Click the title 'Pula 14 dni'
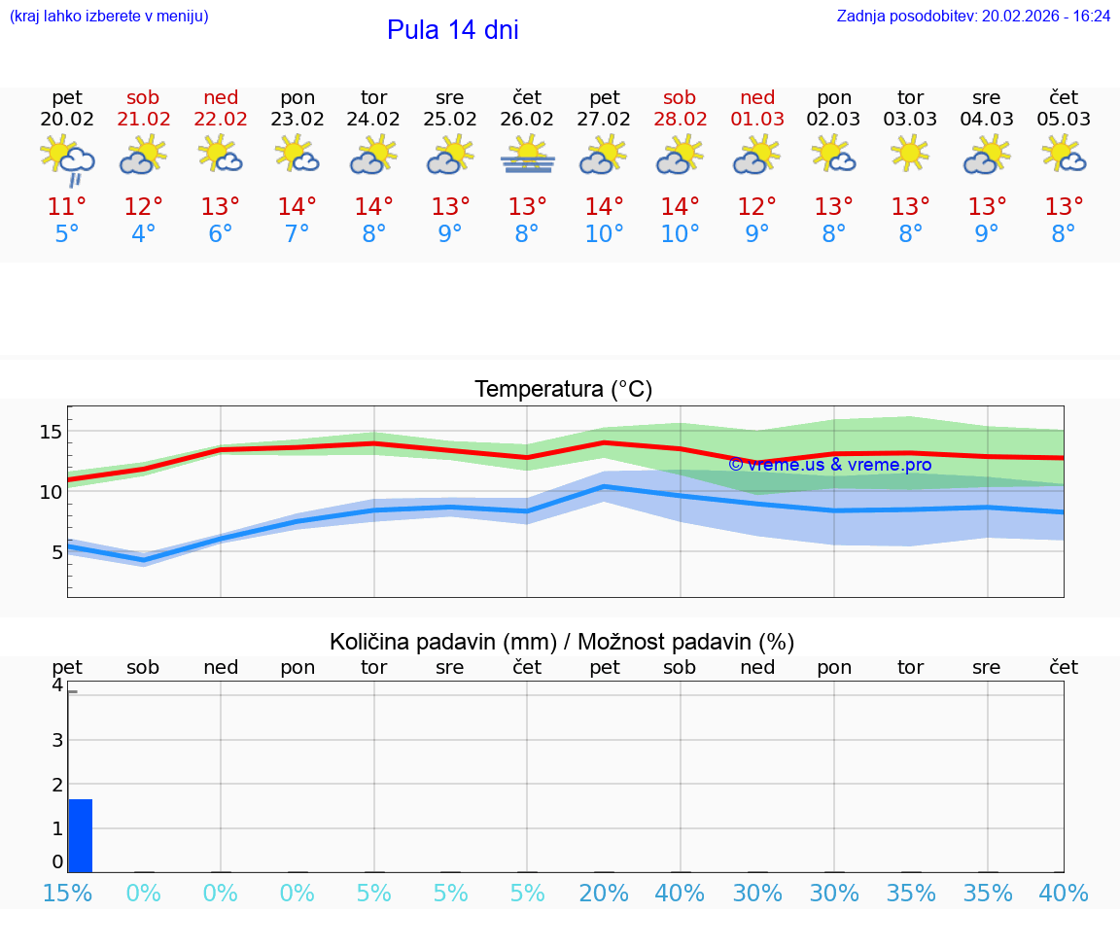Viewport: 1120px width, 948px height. pyautogui.click(x=452, y=30)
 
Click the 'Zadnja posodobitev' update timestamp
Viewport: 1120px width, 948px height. pyautogui.click(x=973, y=17)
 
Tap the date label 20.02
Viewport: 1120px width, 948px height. pyautogui.click(x=67, y=120)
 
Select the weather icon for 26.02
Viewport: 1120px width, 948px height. pyautogui.click(x=527, y=156)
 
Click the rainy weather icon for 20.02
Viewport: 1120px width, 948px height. pyautogui.click(x=67, y=159)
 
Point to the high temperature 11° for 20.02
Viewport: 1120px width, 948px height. pyautogui.click(x=67, y=206)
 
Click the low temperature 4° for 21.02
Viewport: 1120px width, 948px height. pyautogui.click(x=143, y=234)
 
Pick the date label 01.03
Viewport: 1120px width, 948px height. pyautogui.click(x=757, y=120)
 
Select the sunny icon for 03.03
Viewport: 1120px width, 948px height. pyautogui.click(x=910, y=154)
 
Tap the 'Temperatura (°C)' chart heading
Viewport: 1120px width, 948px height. pyautogui.click(x=563, y=390)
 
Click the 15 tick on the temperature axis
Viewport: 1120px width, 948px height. pyautogui.click(x=51, y=432)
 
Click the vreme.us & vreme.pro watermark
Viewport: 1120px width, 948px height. pyautogui.click(x=829, y=465)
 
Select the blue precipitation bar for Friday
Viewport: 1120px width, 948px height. pyautogui.click(x=81, y=835)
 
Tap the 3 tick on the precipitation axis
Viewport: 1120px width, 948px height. pyautogui.click(x=57, y=740)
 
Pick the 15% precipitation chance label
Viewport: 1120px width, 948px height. pyautogui.click(x=67, y=894)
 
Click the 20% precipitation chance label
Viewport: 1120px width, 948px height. pyautogui.click(x=604, y=894)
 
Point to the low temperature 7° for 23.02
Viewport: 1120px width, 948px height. pyautogui.click(x=297, y=234)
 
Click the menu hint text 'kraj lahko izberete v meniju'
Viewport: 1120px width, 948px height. pyautogui.click(x=108, y=17)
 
